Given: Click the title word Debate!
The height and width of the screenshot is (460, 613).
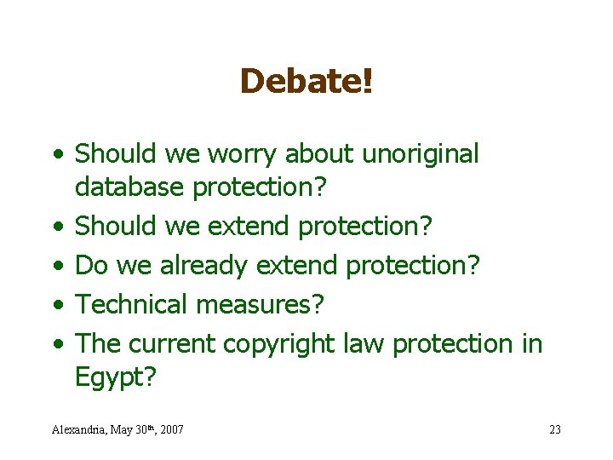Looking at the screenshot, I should (x=306, y=82).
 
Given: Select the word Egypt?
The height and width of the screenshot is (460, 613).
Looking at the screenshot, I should (x=116, y=377).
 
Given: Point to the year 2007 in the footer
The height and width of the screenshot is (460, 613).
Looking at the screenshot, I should (x=170, y=429).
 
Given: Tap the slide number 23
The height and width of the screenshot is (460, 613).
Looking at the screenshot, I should (x=555, y=429).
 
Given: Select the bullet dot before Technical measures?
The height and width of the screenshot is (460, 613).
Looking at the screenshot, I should (x=55, y=305).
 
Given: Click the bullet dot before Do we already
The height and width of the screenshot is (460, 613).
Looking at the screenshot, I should (x=55, y=266).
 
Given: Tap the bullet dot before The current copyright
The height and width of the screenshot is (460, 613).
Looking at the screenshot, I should (x=55, y=344).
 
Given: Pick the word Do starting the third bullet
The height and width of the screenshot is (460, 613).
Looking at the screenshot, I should (x=90, y=265).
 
